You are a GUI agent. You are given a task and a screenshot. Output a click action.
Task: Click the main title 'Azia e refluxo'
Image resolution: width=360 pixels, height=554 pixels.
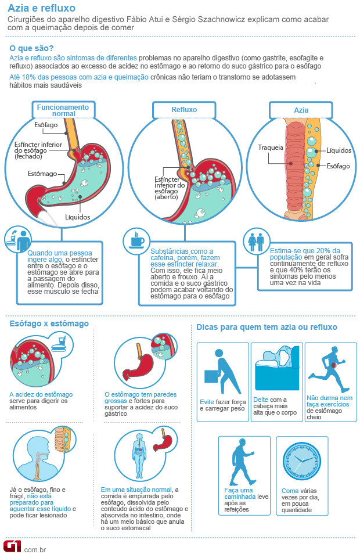click(x=42, y=8)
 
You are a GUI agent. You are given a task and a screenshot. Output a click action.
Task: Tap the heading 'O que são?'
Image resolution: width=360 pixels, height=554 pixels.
click(x=31, y=48)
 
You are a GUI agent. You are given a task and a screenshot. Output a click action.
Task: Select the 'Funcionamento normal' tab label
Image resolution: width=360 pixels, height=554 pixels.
click(x=63, y=110)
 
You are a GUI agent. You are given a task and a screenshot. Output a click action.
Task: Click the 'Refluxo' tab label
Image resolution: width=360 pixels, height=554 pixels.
click(x=184, y=110)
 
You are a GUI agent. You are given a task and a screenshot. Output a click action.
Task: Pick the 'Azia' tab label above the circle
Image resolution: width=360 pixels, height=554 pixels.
click(x=301, y=110)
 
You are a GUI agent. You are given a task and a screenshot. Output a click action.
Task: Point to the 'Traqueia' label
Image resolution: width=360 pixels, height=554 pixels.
click(x=271, y=148)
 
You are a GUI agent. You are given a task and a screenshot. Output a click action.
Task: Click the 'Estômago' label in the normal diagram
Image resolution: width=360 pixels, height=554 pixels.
click(x=42, y=174)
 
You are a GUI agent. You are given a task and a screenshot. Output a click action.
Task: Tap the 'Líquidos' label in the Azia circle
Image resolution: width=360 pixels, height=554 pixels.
click(x=339, y=150)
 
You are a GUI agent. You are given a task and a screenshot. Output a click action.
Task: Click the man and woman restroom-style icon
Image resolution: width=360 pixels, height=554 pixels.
click(x=256, y=242)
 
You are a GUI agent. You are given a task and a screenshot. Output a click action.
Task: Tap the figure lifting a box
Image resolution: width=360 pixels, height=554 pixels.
click(x=221, y=372)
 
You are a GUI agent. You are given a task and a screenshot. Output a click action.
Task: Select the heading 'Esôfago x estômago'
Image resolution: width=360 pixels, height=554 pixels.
click(x=49, y=323)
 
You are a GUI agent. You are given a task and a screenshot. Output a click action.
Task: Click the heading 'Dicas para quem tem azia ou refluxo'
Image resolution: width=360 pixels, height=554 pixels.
click(x=267, y=327)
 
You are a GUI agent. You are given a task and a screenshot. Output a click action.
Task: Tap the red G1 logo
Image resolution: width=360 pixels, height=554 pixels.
click(x=13, y=546)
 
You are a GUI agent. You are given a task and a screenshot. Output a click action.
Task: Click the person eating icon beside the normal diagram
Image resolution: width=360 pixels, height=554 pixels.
click(x=18, y=240)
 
